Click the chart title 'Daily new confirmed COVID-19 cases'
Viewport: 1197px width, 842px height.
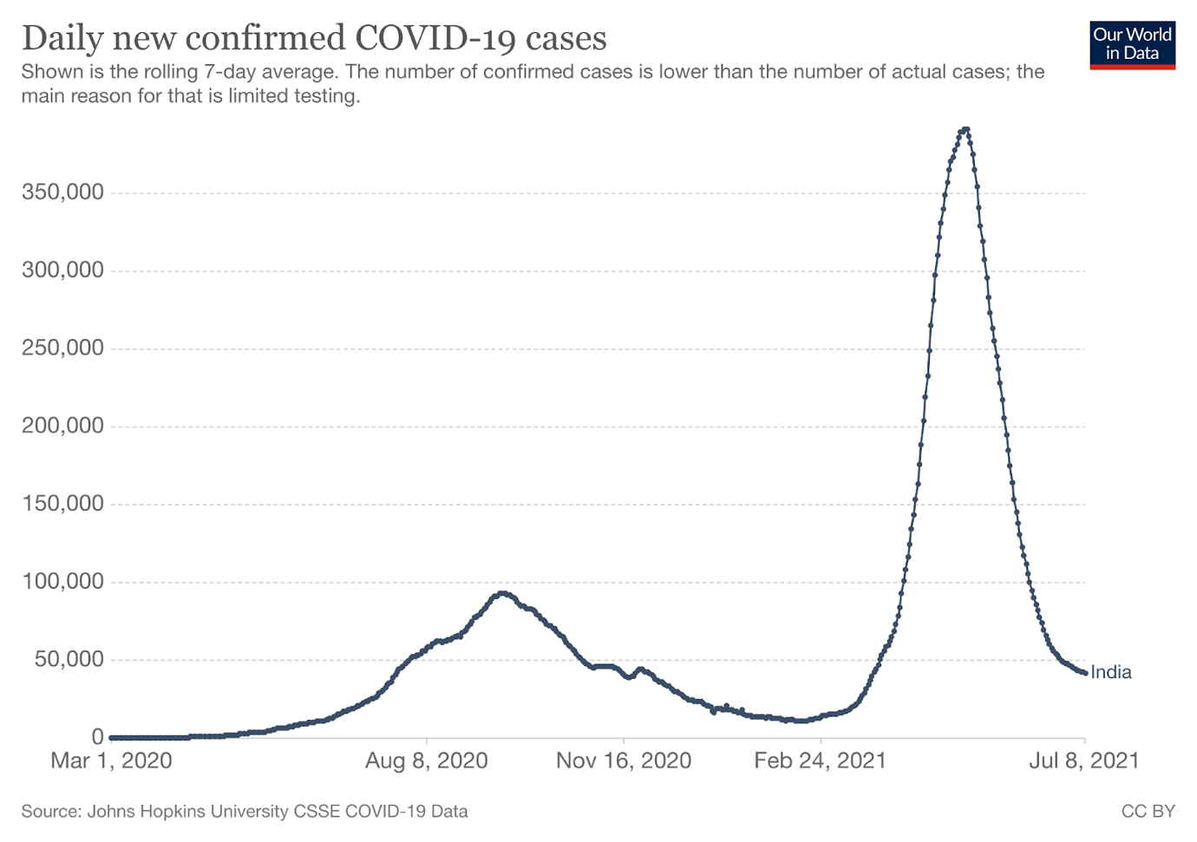click(x=314, y=38)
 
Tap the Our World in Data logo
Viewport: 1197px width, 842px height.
click(x=1132, y=44)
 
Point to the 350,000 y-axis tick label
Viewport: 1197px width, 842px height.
click(x=62, y=192)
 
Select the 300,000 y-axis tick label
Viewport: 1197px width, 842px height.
click(x=62, y=270)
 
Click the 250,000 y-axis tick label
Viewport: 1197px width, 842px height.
click(x=62, y=348)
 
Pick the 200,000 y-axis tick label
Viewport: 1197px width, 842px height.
click(x=62, y=426)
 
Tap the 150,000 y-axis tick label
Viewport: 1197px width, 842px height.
click(x=62, y=504)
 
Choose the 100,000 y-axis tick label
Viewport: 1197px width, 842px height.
click(x=62, y=582)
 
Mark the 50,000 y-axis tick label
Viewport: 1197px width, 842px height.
click(x=69, y=660)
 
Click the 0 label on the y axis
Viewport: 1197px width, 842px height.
click(x=97, y=737)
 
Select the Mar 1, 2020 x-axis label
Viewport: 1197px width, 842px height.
click(x=111, y=761)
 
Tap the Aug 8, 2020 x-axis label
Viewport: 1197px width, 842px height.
click(x=426, y=761)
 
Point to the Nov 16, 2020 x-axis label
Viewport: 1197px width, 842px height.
click(x=624, y=761)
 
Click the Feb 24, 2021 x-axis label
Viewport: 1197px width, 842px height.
click(x=820, y=761)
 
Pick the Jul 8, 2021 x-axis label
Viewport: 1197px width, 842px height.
click(x=1083, y=761)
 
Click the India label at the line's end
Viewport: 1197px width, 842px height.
click(x=1111, y=672)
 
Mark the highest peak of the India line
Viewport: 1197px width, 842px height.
click(x=965, y=129)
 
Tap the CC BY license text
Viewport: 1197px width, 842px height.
click(x=1148, y=812)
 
